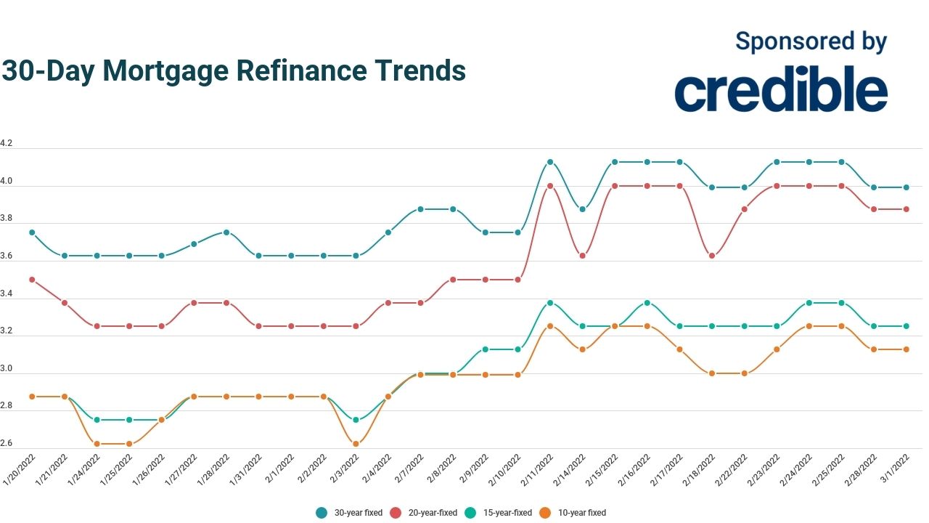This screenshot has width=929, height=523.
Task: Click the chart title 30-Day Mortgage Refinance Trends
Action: (x=233, y=70)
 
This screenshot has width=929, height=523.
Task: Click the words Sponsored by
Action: (x=811, y=41)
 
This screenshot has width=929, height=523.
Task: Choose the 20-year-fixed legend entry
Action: (x=424, y=513)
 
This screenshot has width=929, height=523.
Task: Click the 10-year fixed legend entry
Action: (x=573, y=513)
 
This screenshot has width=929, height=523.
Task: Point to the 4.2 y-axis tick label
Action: (x=7, y=144)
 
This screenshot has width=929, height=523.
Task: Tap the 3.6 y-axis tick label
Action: (x=7, y=256)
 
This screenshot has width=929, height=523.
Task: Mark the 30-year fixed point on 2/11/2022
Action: (x=550, y=162)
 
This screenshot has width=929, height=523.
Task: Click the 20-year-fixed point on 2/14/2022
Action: (x=582, y=256)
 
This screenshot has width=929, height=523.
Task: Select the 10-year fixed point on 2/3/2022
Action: (x=356, y=444)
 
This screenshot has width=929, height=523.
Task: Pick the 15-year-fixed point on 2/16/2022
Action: (x=647, y=303)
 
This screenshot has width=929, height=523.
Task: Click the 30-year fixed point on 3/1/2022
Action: (x=906, y=187)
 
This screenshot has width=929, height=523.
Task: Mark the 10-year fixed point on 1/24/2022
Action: (x=97, y=444)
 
